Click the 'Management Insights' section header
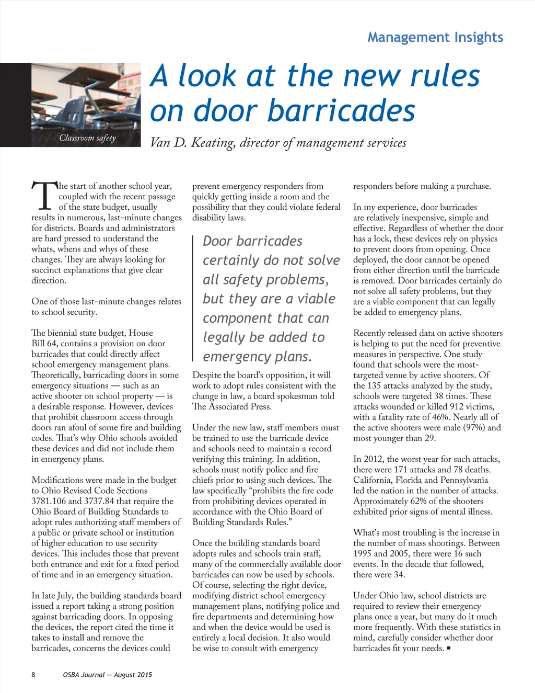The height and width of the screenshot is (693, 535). pyautogui.click(x=435, y=37)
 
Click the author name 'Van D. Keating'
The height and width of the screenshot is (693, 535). pyautogui.click(x=192, y=143)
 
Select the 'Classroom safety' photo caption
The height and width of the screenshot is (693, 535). pyautogui.click(x=87, y=138)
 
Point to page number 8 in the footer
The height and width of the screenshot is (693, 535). pyautogui.click(x=33, y=675)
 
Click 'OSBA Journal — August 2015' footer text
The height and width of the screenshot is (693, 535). pyautogui.click(x=108, y=675)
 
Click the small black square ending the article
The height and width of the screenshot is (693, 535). pyautogui.click(x=449, y=649)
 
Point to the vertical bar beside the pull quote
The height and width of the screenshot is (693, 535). pyautogui.click(x=194, y=298)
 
